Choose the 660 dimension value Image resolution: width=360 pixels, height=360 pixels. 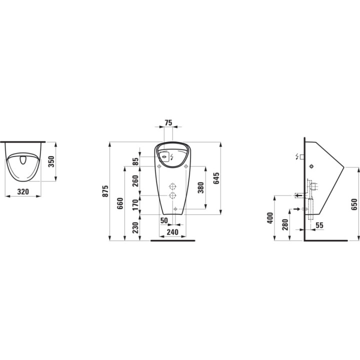(119, 203)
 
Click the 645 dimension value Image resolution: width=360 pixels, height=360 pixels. (216, 178)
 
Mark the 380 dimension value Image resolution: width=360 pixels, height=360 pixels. (201, 187)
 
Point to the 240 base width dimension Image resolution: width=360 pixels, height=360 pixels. (172, 232)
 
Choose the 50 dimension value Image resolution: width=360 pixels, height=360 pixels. (163, 220)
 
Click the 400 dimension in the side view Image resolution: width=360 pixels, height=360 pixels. (270, 217)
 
